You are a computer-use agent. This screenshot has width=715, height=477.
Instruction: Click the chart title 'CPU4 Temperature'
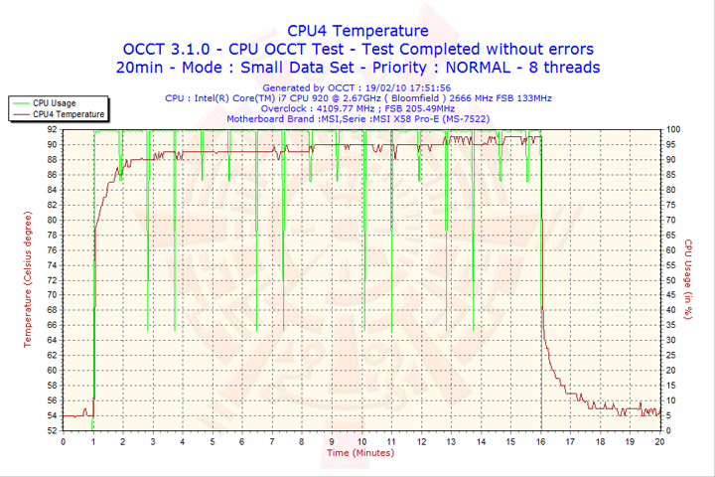pos(357,31)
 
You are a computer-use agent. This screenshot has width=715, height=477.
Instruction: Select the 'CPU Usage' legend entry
pos(54,102)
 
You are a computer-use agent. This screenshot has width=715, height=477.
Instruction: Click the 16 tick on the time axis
pos(540,442)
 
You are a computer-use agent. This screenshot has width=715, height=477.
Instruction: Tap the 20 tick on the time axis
pos(659,442)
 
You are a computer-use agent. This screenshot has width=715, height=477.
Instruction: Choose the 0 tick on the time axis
pos(64,442)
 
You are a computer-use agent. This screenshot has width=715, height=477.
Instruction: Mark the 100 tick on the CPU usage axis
pos(673,129)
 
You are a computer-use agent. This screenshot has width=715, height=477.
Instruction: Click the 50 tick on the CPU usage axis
pos(671,280)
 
